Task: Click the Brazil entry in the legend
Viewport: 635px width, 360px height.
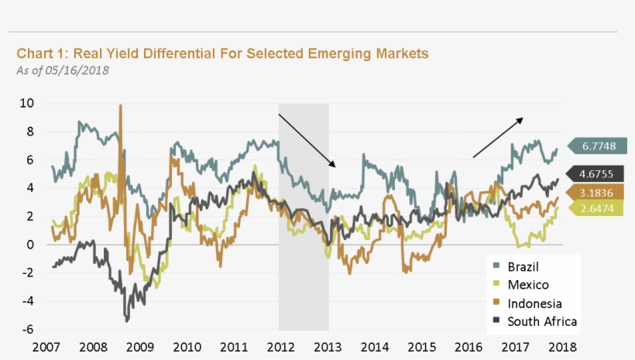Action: click(x=523, y=267)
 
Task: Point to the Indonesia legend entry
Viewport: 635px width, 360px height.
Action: click(x=534, y=303)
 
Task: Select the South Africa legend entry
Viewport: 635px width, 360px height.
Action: click(x=541, y=321)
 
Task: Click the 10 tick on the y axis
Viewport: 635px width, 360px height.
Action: click(x=26, y=103)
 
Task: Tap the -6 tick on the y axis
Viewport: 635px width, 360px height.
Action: click(x=28, y=329)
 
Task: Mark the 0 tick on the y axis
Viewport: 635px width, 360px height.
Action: click(x=30, y=245)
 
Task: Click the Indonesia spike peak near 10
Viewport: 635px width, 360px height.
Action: click(x=121, y=106)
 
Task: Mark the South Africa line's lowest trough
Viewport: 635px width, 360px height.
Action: click(x=126, y=319)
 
